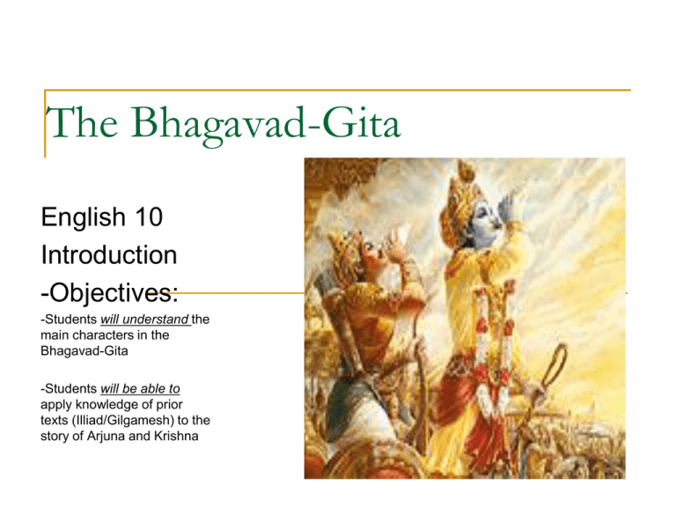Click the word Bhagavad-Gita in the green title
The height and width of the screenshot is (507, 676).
[266, 124]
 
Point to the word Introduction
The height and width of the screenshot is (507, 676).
[109, 254]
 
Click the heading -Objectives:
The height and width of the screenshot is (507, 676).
[109, 292]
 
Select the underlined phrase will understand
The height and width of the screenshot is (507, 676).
[145, 320]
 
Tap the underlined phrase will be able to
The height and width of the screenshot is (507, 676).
[140, 389]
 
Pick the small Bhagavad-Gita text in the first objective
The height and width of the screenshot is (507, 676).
[84, 351]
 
